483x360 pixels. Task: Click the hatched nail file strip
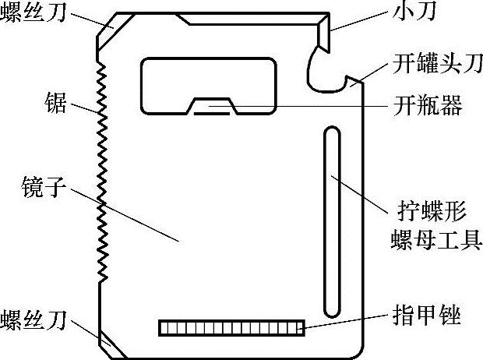[231, 328]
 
